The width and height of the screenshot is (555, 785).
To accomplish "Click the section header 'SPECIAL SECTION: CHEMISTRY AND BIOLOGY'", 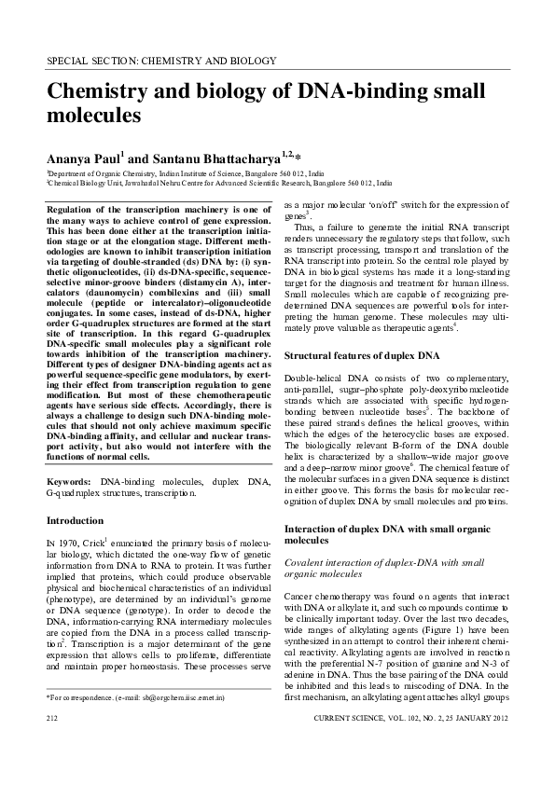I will (x=161, y=62).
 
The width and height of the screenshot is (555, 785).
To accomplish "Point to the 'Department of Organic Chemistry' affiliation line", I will (x=186, y=173).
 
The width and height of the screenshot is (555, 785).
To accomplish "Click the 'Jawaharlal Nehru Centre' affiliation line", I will (x=219, y=184).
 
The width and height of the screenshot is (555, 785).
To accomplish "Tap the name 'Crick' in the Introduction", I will (x=94, y=541).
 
